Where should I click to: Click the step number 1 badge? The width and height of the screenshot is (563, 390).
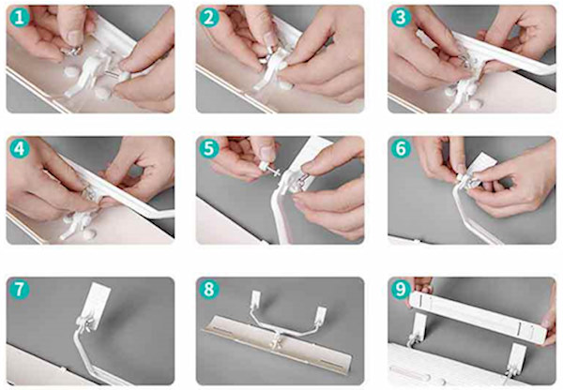pos(20,18)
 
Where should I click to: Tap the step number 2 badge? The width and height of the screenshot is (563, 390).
pos(208,18)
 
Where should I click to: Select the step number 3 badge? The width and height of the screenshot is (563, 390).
pos(401,18)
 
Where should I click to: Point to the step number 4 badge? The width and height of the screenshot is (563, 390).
pos(20,149)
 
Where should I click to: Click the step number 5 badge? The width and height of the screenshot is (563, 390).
pos(208,149)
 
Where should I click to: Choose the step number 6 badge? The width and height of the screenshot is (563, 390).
pos(401,149)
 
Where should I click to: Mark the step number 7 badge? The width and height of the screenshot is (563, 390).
pos(20,290)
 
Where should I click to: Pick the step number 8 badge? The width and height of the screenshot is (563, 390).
pos(208,290)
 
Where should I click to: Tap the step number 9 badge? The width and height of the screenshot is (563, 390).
pos(401,290)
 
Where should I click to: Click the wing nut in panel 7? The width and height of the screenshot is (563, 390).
pos(84,324)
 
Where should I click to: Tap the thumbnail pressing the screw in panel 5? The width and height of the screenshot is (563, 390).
pos(266,153)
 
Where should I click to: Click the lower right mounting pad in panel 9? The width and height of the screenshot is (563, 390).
pos(517,358)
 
